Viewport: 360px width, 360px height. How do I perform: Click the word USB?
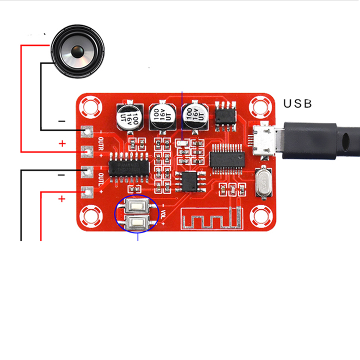point(297,103)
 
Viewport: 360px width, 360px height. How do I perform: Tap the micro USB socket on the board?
point(263,139)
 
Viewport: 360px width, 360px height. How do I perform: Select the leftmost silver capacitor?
point(127,117)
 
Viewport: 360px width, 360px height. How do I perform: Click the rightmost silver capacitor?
point(194,116)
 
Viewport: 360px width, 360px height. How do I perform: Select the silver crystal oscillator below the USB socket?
point(263,182)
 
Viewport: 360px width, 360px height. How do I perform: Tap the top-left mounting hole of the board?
point(91,106)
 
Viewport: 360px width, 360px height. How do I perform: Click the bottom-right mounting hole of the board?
point(260,215)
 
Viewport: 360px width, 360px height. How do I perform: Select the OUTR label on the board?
point(101,143)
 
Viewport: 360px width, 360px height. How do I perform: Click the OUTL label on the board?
point(101,179)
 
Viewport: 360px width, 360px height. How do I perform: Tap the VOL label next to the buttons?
point(163,213)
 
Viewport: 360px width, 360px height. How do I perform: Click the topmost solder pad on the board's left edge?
point(88,131)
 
